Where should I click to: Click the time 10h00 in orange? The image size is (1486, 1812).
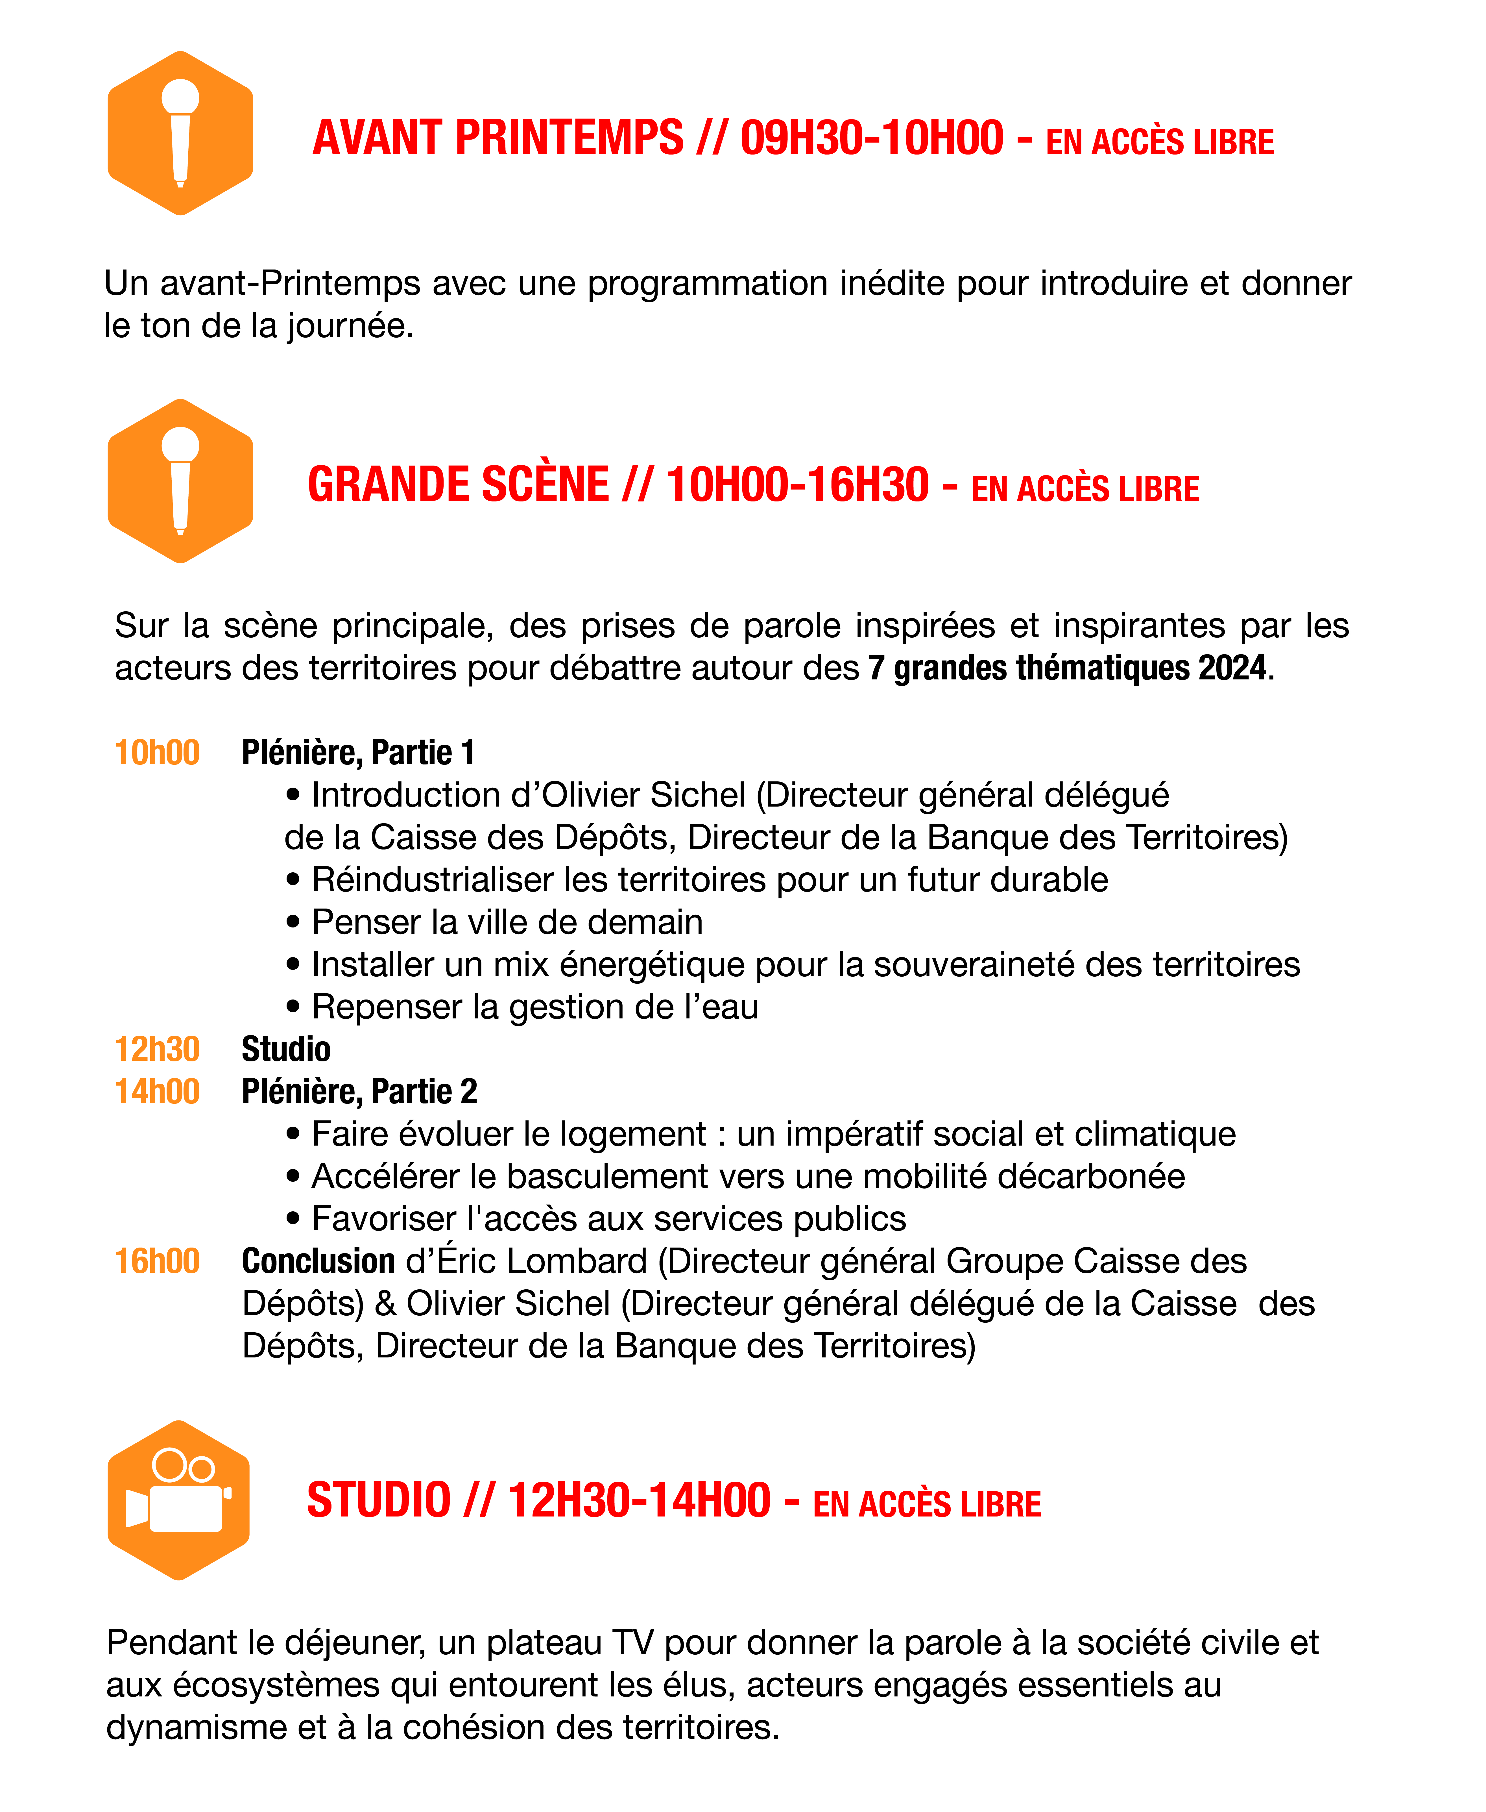[157, 753]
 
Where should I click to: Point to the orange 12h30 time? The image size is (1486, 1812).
[157, 1049]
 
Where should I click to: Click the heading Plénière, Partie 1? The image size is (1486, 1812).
[358, 753]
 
